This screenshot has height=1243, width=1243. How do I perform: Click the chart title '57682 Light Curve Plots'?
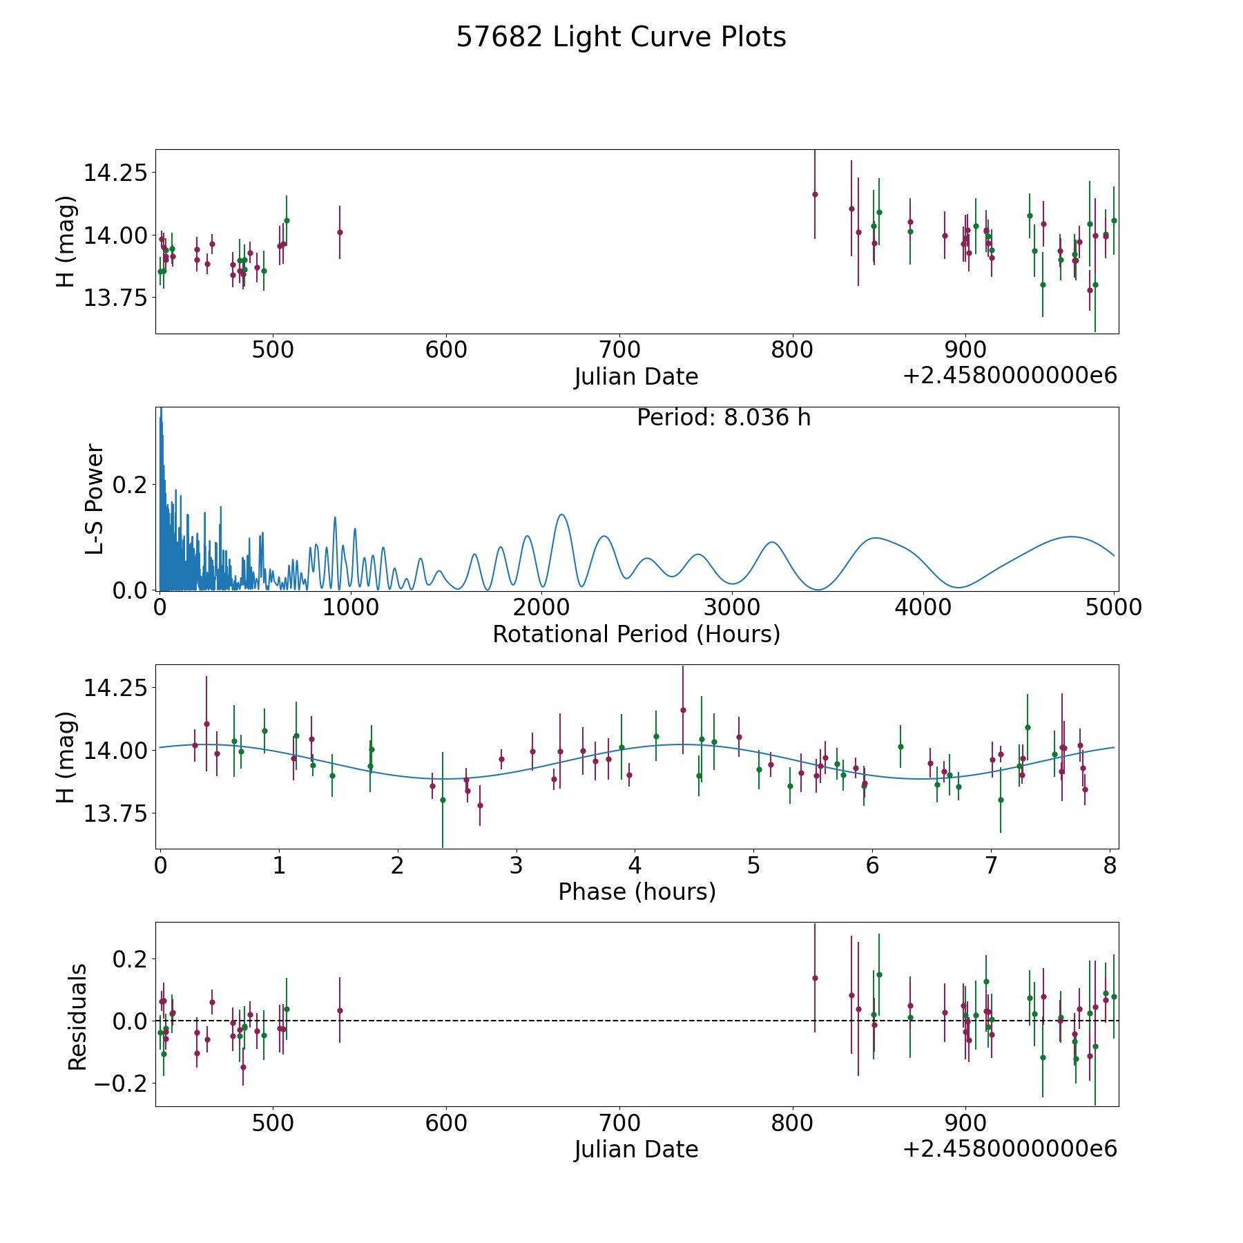point(621,37)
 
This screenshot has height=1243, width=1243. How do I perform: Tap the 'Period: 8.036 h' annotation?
point(723,418)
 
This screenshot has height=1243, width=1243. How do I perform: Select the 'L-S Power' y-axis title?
point(95,499)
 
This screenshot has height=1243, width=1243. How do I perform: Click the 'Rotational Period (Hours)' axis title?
point(636,634)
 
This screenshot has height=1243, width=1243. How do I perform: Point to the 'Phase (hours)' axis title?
point(637,892)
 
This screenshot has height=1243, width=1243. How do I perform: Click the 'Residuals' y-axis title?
point(77,1017)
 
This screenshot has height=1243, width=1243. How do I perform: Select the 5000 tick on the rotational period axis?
point(1113,607)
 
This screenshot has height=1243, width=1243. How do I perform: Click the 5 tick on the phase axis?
point(753,865)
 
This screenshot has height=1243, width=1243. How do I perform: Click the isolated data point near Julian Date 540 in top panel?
point(340,232)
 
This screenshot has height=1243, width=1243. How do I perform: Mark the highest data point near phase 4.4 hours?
point(683,710)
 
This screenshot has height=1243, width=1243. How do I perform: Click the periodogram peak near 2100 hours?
point(561,514)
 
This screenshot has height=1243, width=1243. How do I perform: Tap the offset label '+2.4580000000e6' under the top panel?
point(1010,376)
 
